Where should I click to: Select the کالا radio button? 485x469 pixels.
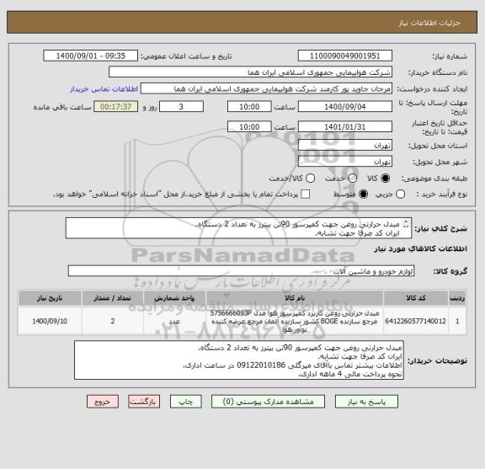386,179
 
